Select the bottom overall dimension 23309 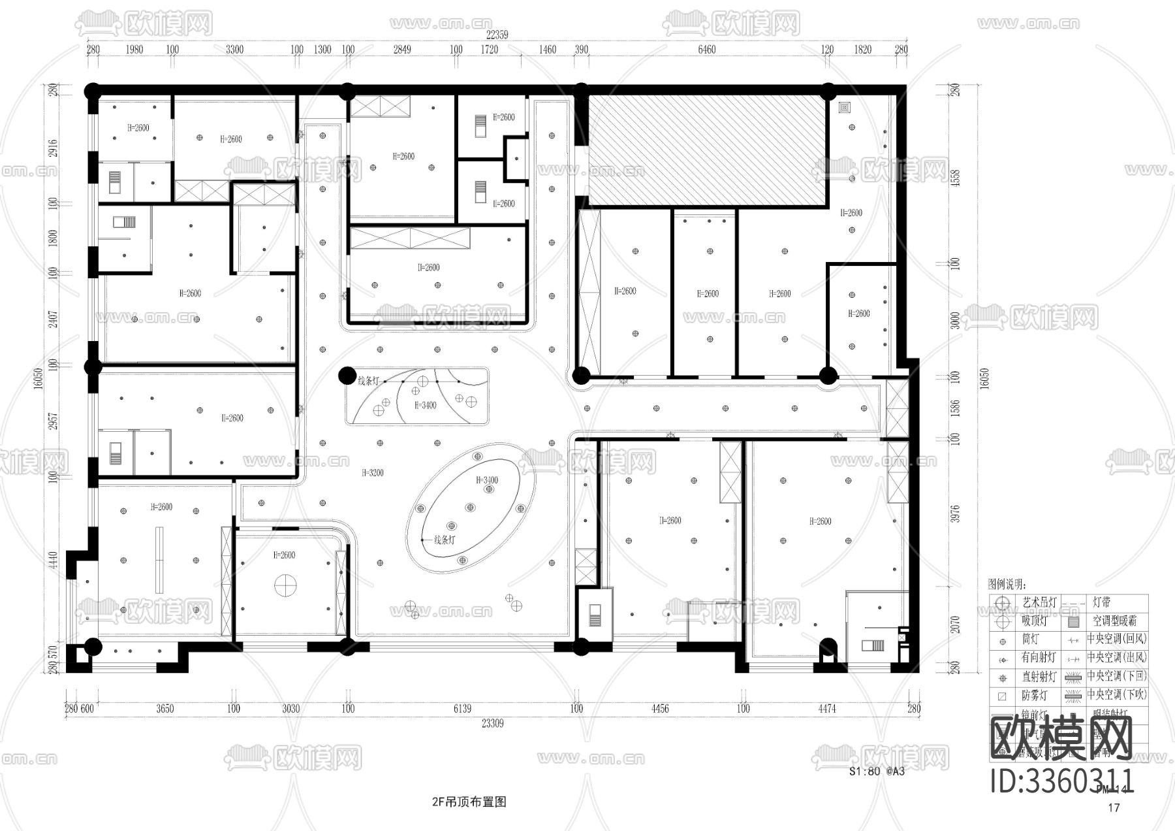(x=492, y=723)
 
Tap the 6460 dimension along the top (x=706, y=50)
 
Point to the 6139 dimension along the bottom (x=462, y=709)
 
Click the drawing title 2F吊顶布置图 (x=469, y=802)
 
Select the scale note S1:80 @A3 (x=877, y=771)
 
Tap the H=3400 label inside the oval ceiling (x=487, y=480)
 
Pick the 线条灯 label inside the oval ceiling (x=445, y=540)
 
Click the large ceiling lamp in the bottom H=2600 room (x=285, y=584)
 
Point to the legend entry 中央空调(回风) (x=1116, y=639)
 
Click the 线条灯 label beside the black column (x=368, y=381)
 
